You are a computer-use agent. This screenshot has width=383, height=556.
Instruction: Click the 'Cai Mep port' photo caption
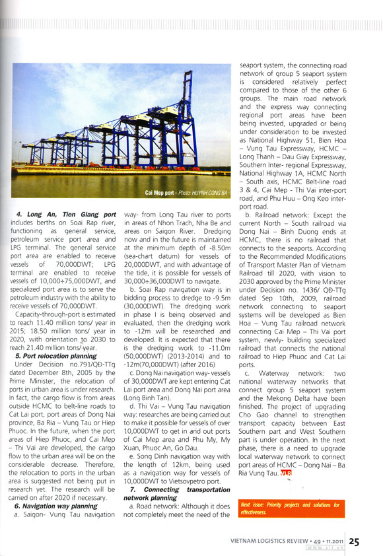click(161, 193)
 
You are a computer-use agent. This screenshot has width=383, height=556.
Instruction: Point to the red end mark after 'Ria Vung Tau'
click(285, 473)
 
